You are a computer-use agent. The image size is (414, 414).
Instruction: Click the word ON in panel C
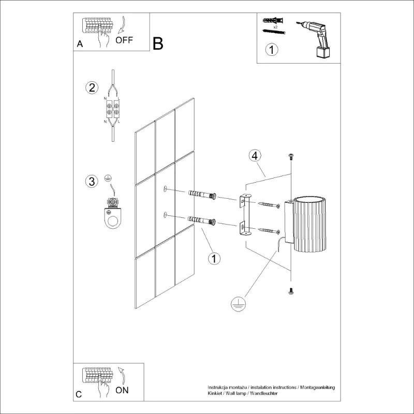tap(122, 390)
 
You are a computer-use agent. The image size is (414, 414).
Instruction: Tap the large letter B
tap(158, 44)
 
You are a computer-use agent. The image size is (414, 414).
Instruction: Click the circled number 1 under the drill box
tap(272, 50)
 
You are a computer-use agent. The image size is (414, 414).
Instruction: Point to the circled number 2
tap(92, 87)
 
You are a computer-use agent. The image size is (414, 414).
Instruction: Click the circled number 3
tap(92, 181)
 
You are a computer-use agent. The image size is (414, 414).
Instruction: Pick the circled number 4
tap(254, 155)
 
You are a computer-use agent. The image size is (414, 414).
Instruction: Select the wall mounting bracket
tap(245, 214)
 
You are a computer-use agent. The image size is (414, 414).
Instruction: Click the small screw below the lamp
tap(291, 292)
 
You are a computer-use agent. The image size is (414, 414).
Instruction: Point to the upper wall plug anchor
tap(202, 195)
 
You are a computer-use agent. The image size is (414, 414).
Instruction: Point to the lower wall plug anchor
tap(202, 220)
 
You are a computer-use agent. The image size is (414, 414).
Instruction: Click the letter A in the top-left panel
tap(79, 44)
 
